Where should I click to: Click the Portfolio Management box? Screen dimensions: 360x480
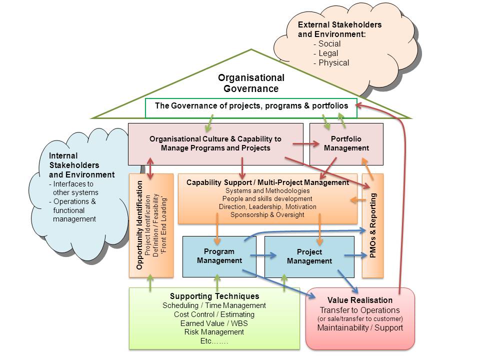(x=346, y=143)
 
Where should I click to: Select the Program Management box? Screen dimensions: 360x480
(x=219, y=256)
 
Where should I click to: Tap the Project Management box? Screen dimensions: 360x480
(x=309, y=256)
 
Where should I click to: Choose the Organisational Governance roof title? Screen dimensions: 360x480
(x=251, y=83)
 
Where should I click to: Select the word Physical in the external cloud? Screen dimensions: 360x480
(x=333, y=62)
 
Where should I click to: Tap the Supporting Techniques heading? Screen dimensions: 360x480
(x=214, y=296)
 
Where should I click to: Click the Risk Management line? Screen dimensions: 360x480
(x=214, y=332)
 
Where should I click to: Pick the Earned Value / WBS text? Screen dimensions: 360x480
(x=214, y=323)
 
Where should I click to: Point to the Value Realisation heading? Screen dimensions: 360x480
(x=360, y=300)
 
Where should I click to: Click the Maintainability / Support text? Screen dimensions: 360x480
(x=360, y=328)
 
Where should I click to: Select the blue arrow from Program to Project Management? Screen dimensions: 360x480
(x=263, y=255)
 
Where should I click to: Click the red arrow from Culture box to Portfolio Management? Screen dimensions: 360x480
(x=306, y=144)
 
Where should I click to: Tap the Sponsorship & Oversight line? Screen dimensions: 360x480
(x=267, y=215)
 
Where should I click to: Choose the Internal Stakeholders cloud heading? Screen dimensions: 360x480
(x=81, y=165)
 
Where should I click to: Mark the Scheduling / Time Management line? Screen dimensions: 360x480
(x=214, y=305)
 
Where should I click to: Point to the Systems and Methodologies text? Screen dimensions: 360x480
(x=267, y=191)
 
